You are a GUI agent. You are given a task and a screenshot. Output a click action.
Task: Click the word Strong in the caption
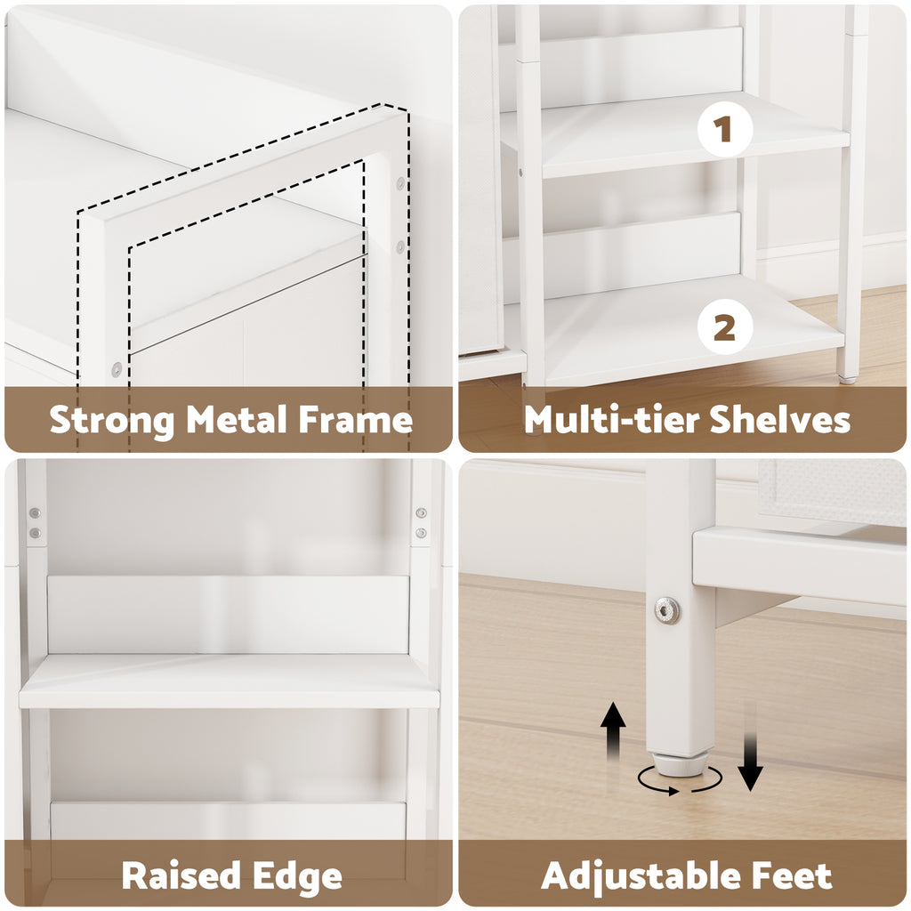click(111, 420)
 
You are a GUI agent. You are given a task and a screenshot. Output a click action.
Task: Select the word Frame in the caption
click(355, 419)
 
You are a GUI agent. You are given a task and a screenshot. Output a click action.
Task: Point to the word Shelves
click(779, 419)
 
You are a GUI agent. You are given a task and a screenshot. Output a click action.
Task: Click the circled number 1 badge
click(724, 129)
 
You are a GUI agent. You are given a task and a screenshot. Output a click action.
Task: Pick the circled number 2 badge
click(724, 327)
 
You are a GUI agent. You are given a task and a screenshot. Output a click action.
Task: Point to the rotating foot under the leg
click(679, 766)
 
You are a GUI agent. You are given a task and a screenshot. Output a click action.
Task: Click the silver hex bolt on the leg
click(667, 610)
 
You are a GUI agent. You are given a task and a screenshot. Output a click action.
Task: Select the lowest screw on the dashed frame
click(117, 369)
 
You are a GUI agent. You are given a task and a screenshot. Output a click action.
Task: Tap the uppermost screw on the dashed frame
click(400, 183)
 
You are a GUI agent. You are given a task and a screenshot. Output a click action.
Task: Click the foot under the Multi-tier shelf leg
click(847, 379)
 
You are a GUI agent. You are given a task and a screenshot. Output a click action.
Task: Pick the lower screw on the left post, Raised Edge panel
click(35, 533)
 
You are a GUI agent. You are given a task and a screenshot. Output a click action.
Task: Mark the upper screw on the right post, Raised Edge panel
click(421, 512)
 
